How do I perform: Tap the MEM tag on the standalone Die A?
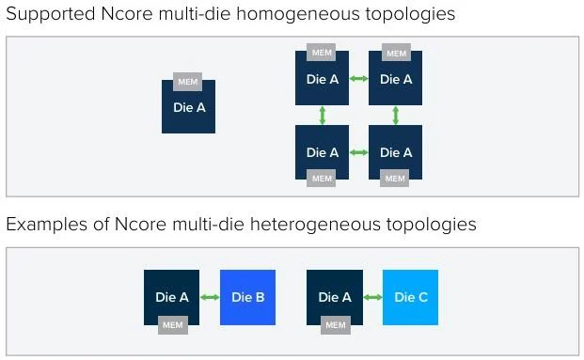(x=188, y=83)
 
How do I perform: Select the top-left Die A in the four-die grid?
(x=322, y=80)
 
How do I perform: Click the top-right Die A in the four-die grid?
(x=395, y=80)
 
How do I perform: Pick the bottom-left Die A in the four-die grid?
(x=322, y=151)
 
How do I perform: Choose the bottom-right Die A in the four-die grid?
(x=395, y=151)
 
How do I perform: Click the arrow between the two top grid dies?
(x=358, y=79)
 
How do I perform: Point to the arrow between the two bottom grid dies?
(x=358, y=151)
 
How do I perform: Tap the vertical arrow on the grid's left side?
(x=322, y=116)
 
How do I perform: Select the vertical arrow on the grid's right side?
(x=395, y=116)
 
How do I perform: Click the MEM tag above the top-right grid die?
(x=397, y=53)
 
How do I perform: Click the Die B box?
(x=247, y=297)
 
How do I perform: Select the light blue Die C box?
(x=410, y=297)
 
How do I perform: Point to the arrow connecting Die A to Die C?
(x=372, y=297)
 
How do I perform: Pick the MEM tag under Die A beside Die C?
(x=335, y=325)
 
